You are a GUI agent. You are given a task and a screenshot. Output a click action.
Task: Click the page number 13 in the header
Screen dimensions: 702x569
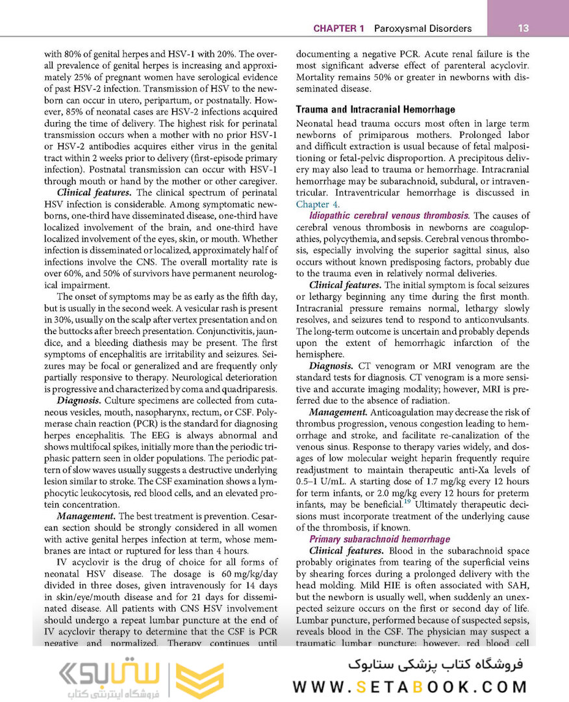pos(524,29)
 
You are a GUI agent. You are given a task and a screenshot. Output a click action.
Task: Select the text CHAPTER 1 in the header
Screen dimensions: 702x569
pos(338,29)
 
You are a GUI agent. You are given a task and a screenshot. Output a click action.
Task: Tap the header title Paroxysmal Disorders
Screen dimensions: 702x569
pos(418,29)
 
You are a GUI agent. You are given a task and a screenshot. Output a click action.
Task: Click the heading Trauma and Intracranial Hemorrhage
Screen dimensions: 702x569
pos(375,110)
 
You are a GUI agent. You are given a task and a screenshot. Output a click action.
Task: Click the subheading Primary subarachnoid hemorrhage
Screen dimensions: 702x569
pos(379,539)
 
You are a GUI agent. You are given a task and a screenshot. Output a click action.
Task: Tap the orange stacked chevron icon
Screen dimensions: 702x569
pos(200,680)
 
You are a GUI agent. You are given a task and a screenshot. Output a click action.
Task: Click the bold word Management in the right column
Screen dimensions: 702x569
pos(338,412)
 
